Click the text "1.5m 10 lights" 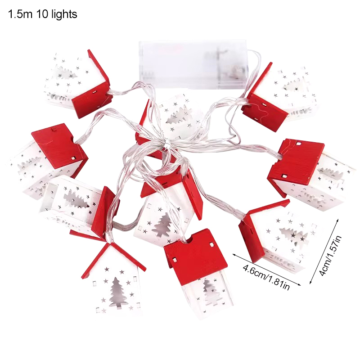coord(43,14)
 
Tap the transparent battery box coord(193,65)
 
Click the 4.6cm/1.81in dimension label coord(266,277)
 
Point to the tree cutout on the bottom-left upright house coord(118,293)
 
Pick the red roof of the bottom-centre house coord(196,256)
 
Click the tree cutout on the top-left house coord(66,73)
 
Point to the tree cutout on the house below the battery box coord(179,117)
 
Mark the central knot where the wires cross coord(167,144)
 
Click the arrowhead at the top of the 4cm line coord(337,220)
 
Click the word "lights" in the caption coord(64,14)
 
